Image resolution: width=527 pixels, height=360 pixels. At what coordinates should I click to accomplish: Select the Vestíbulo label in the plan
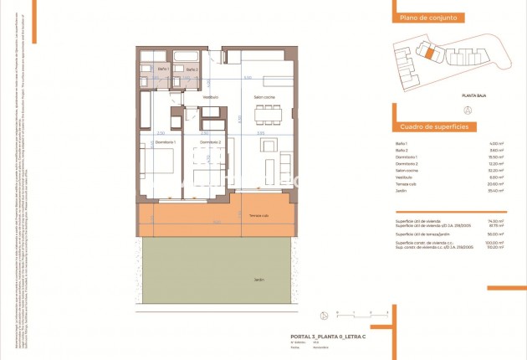point(210,98)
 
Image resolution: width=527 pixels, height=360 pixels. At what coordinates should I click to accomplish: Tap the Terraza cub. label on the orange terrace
point(258,217)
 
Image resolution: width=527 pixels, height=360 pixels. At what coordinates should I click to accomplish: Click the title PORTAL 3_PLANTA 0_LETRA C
point(328,336)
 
